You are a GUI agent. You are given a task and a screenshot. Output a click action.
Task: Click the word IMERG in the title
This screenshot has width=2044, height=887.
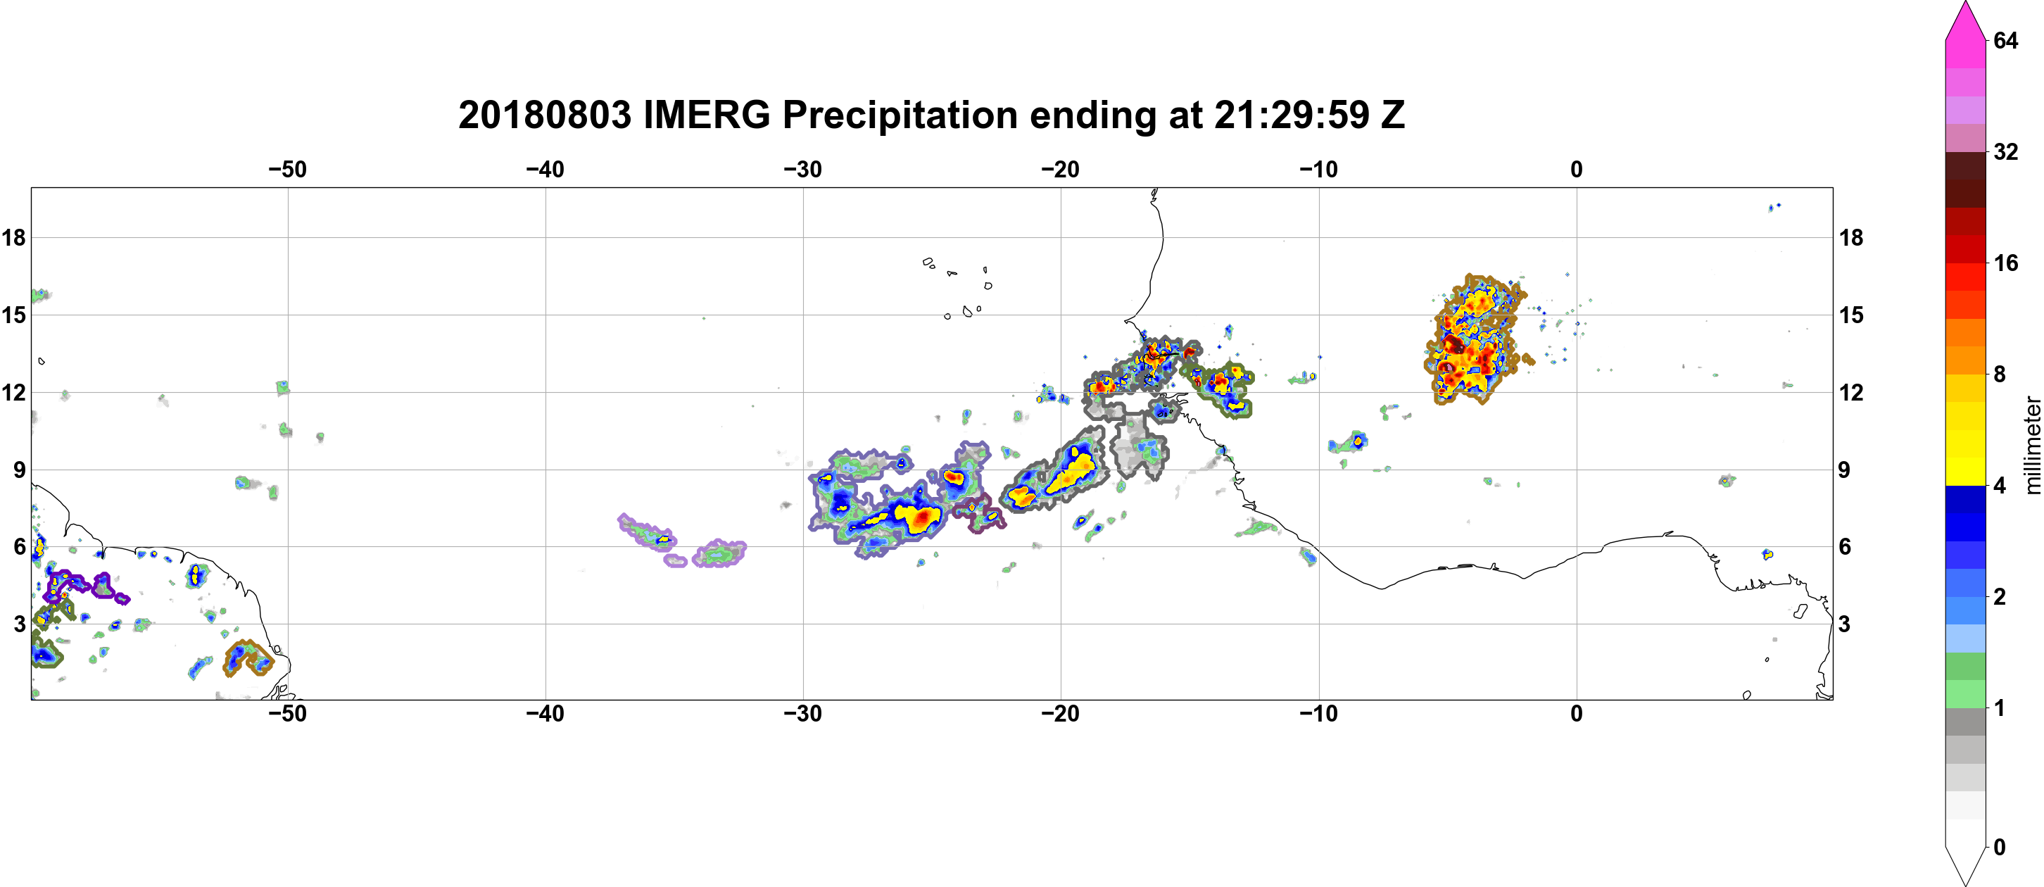[x=706, y=115]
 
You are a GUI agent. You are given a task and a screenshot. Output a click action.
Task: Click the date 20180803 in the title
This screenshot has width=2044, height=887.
[x=544, y=115]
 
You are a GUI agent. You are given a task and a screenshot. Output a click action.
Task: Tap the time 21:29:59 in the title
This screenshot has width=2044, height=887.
[x=1292, y=115]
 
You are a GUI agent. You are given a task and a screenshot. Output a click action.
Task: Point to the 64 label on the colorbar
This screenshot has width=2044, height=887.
[x=2006, y=40]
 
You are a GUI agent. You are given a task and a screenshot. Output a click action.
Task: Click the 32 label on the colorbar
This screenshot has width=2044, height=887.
[x=2006, y=151]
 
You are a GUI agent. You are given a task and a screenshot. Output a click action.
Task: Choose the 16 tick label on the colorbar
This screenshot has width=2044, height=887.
[x=2006, y=263]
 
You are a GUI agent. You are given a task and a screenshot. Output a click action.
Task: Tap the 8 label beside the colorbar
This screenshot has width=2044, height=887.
[x=2000, y=374]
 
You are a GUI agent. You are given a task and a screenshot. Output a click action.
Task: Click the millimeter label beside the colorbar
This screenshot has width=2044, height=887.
[x=2031, y=445]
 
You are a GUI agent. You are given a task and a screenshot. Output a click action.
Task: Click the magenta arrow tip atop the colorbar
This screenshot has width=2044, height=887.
[x=1964, y=4]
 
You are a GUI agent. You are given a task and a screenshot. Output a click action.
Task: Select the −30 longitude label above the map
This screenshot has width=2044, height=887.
[x=803, y=170]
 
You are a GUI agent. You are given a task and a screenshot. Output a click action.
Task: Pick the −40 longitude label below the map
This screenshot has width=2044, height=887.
[x=545, y=714]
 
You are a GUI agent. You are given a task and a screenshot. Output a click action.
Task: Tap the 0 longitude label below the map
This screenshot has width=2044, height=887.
[x=1576, y=714]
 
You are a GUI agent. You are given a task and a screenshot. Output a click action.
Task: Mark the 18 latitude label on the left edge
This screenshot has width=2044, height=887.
[x=13, y=237]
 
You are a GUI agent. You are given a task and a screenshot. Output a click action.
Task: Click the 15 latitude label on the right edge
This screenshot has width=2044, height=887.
[x=1851, y=315]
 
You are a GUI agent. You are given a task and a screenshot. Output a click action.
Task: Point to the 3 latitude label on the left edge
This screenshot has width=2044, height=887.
[x=20, y=624]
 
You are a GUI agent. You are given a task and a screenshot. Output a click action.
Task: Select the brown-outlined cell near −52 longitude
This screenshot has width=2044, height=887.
[x=248, y=658]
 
